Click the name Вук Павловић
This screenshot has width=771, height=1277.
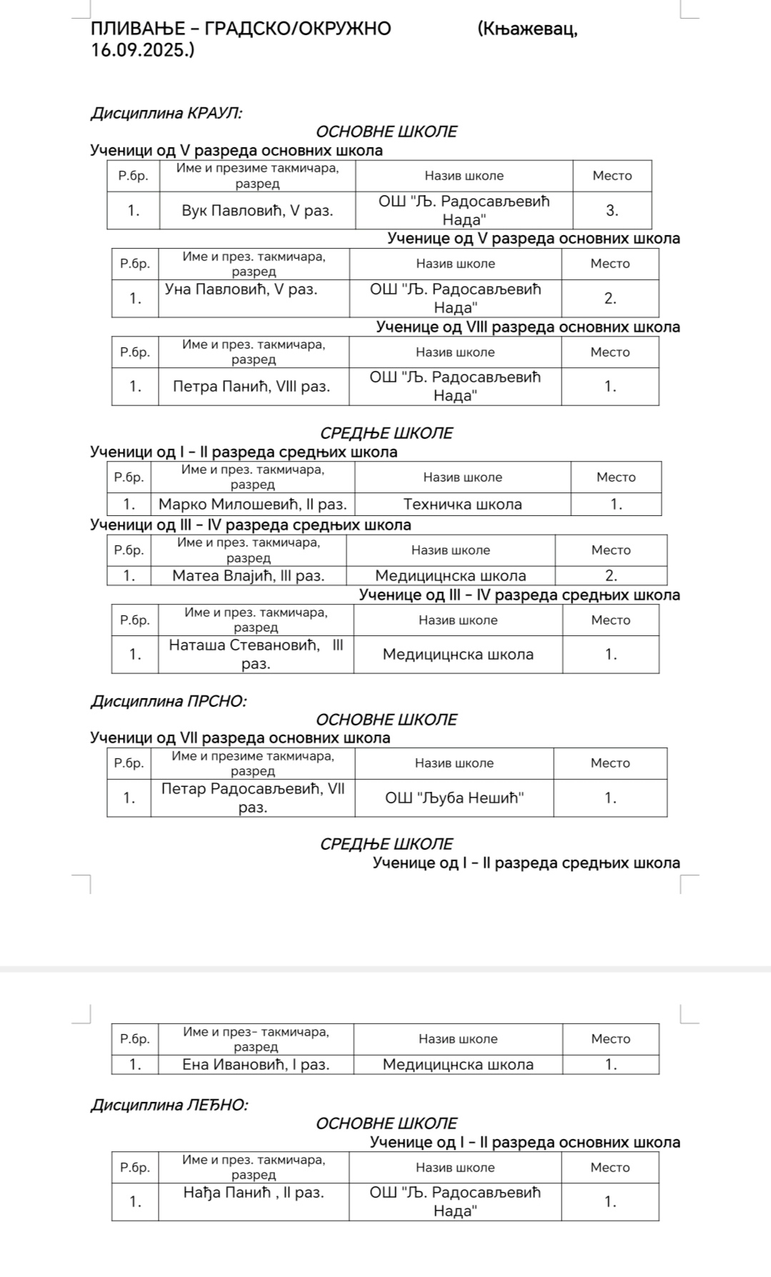pos(257,211)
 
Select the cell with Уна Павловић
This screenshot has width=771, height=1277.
pos(241,289)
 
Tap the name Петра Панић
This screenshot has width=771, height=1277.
pos(252,387)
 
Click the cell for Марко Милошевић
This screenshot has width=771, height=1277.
pos(252,505)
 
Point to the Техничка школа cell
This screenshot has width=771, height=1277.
pos(462,505)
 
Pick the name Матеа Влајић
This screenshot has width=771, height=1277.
pos(248,576)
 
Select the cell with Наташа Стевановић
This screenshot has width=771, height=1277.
pos(256,654)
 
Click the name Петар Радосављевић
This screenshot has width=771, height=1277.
pos(253,797)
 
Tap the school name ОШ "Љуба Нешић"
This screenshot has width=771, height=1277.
pos(454,798)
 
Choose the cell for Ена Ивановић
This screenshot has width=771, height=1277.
pos(256,1065)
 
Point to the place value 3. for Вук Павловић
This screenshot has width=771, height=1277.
pos(612,211)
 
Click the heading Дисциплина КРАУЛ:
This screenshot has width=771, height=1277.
pos(166,113)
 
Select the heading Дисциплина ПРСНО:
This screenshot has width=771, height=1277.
pos(168,701)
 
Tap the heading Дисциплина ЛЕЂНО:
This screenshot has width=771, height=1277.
pos(169,1105)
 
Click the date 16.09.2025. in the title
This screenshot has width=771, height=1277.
pos(142,51)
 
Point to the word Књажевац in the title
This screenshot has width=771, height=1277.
pos(525,29)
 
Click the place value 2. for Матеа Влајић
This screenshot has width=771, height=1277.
pos(611,576)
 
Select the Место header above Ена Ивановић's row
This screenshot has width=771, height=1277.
pos(610,1039)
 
